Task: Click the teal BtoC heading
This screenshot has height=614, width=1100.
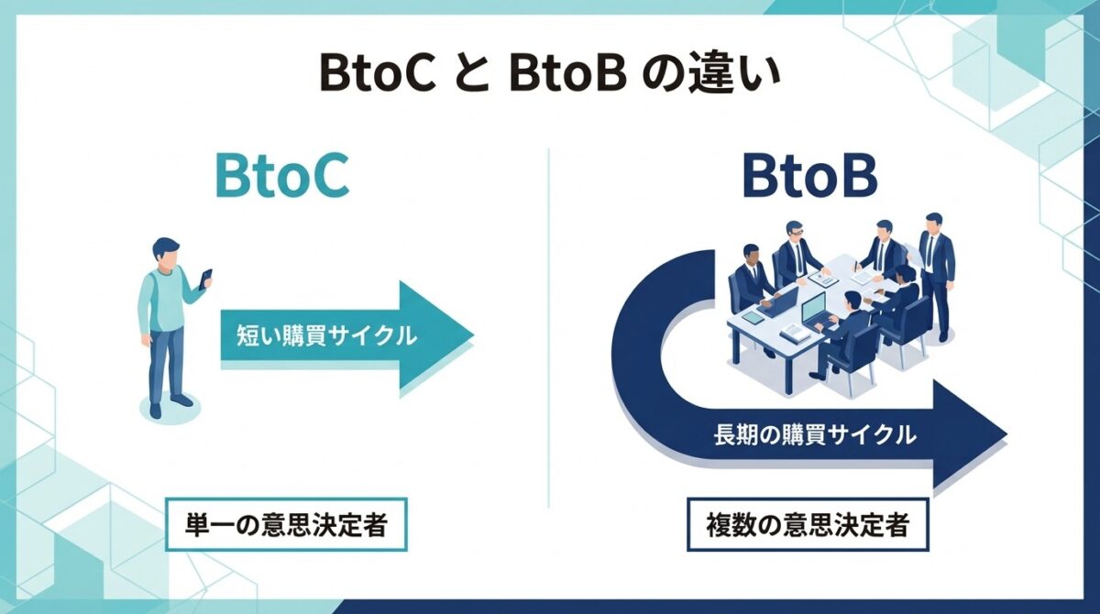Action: pos(281,178)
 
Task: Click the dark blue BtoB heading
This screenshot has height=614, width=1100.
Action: pos(809,178)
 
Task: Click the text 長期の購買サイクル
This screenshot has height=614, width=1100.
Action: pos(814,435)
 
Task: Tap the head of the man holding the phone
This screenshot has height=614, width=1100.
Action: pos(167,254)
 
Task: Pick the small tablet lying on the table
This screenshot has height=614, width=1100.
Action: pos(753,317)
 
